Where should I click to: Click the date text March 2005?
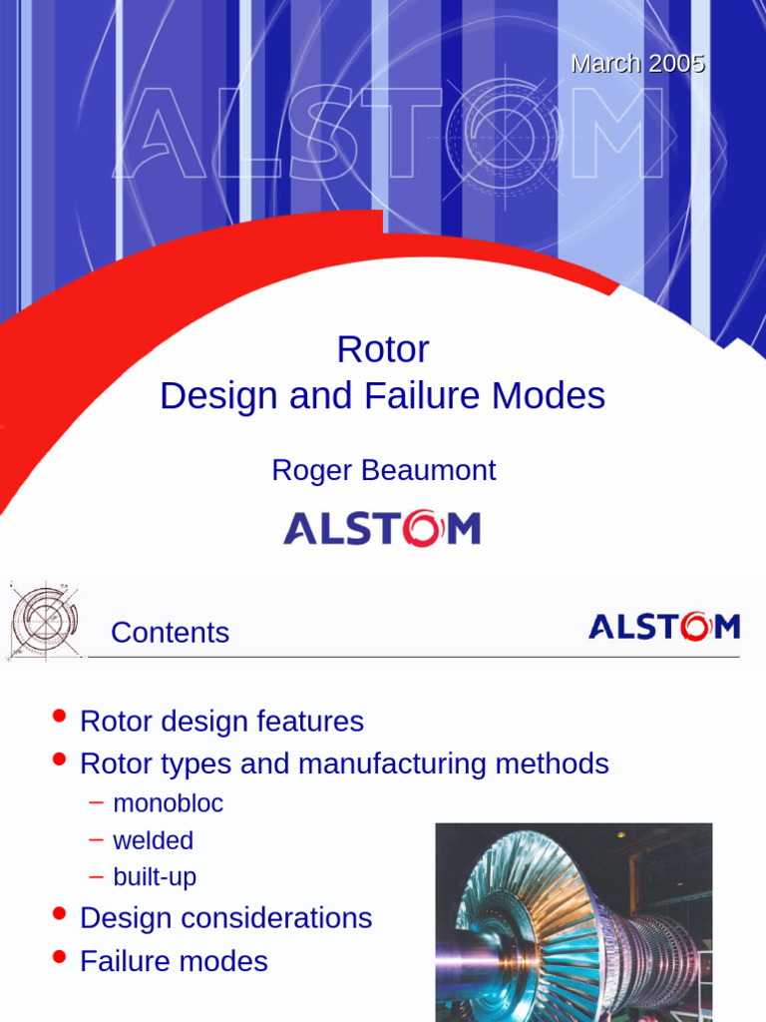(637, 64)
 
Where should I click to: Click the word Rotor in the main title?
(383, 349)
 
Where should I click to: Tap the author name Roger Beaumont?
(383, 470)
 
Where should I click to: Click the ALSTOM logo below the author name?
(382, 528)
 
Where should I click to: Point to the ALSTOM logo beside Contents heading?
(663, 627)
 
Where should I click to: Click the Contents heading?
(170, 633)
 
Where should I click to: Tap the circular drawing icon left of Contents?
(44, 621)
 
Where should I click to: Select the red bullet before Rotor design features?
(60, 717)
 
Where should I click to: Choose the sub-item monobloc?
(168, 803)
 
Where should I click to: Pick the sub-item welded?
(153, 840)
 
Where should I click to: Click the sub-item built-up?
(155, 877)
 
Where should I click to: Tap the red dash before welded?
(96, 839)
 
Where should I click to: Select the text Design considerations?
(225, 918)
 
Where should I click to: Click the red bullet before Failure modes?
(60, 958)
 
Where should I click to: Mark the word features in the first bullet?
(309, 722)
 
